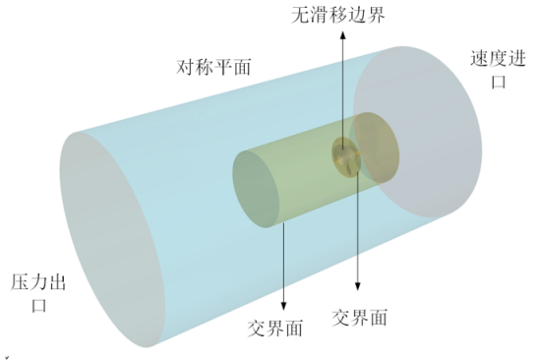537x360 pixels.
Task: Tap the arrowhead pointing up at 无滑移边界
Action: (342, 32)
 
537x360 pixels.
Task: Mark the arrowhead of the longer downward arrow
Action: (357, 292)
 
